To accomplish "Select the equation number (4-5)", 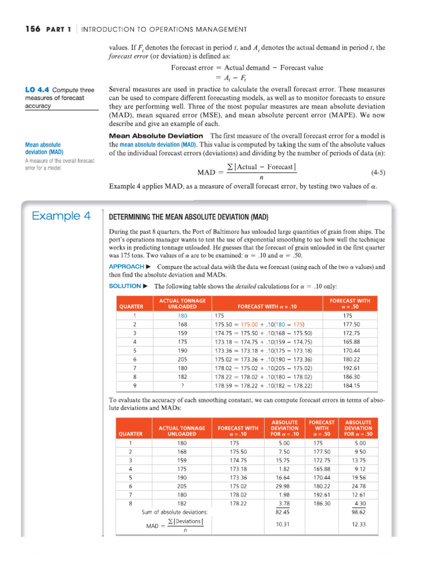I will [378, 172].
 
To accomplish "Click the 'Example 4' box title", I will [61, 216].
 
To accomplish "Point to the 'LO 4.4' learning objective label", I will [37, 90].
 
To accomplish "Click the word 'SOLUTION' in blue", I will [125, 286].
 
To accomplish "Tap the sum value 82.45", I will [284, 512].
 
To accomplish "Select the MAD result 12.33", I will [358, 524].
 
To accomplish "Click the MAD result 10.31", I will [284, 524].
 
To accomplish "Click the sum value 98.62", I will [358, 512].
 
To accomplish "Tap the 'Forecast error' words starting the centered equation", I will [189, 68].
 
